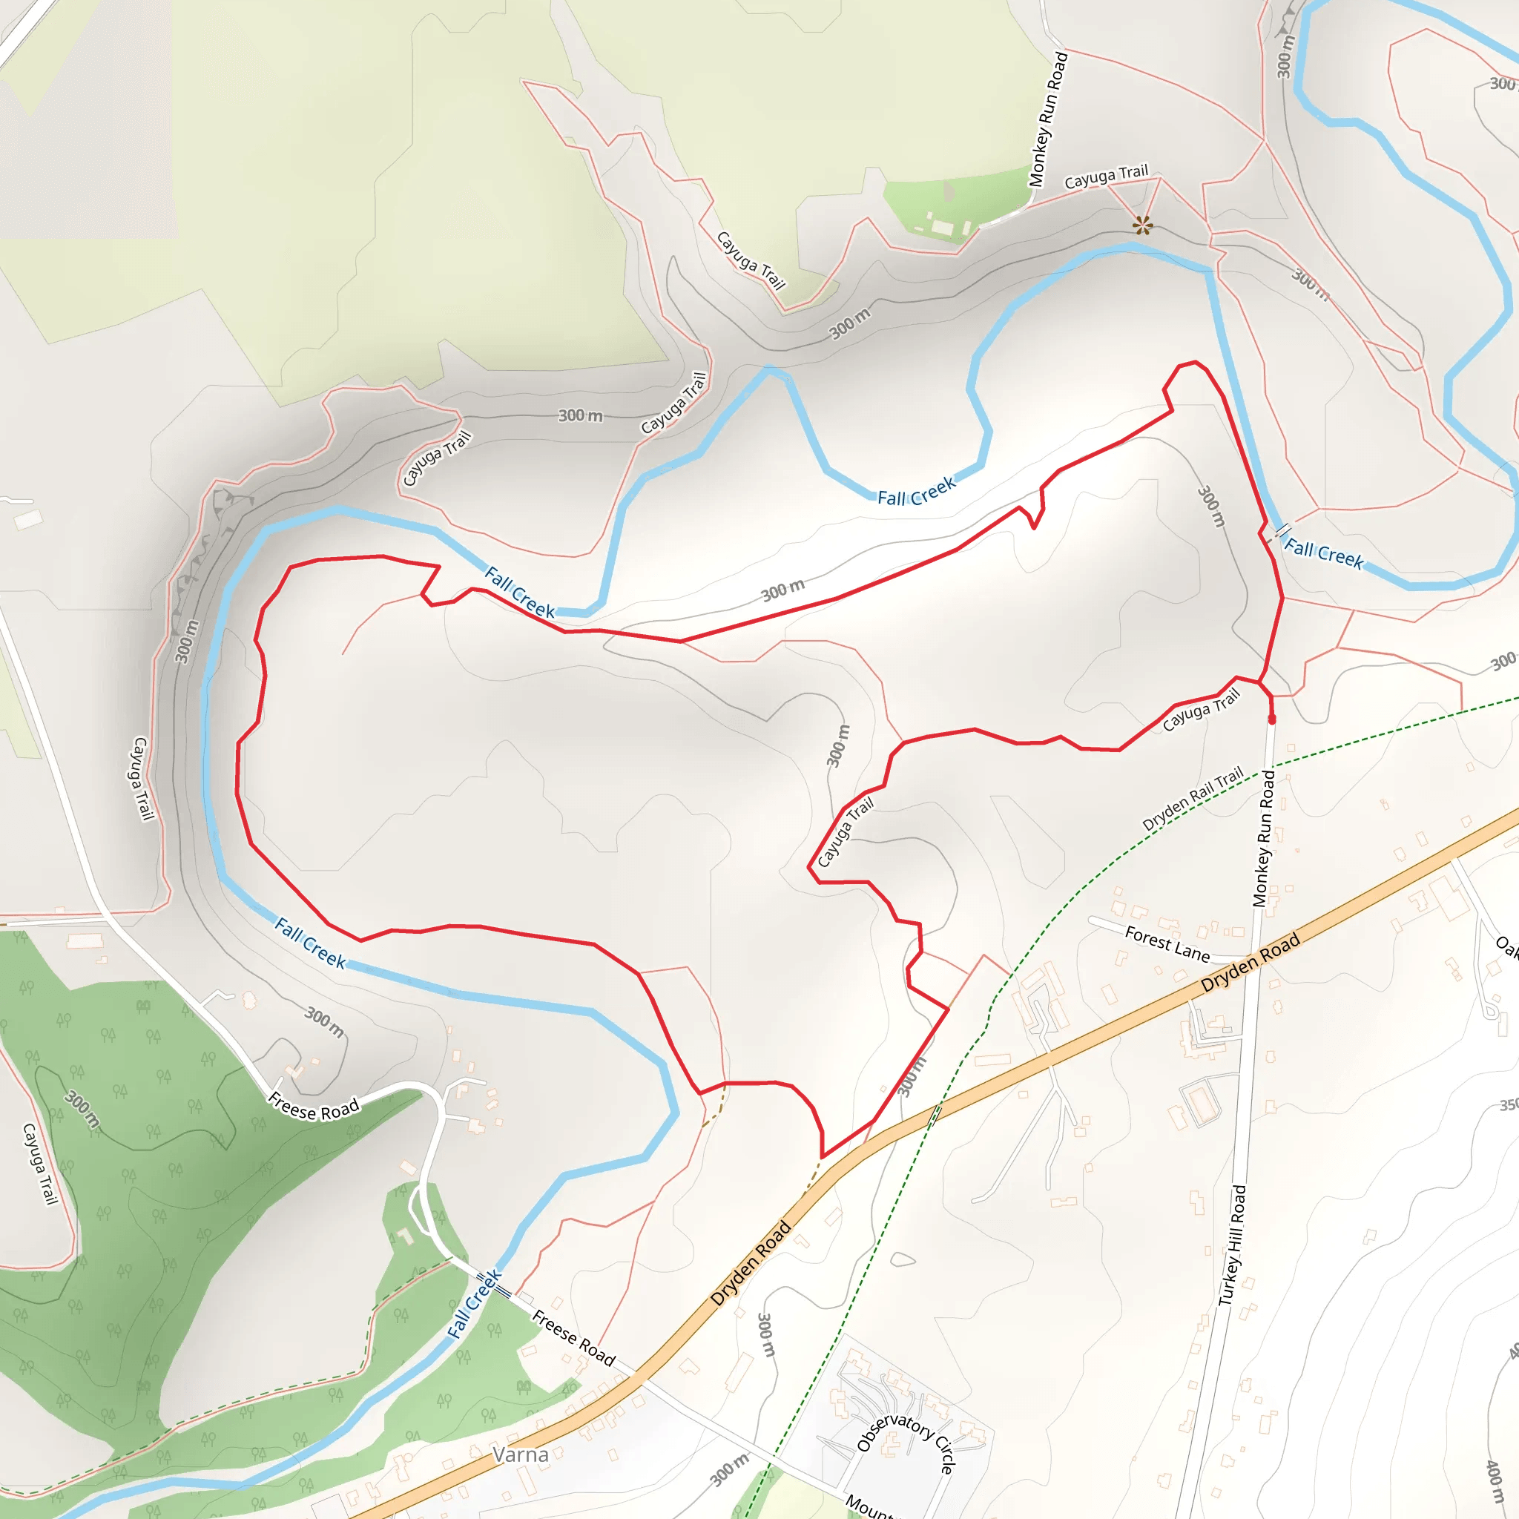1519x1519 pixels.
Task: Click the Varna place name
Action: click(x=521, y=1454)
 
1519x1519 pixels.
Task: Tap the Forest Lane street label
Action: click(x=1167, y=943)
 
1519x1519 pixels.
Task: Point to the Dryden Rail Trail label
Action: click(x=1193, y=798)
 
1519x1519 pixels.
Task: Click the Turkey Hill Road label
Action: click(x=1232, y=1245)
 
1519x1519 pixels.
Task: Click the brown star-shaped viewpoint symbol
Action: click(x=1142, y=225)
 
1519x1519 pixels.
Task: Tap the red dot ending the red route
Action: click(x=1272, y=719)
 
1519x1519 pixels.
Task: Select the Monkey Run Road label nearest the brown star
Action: click(x=1049, y=119)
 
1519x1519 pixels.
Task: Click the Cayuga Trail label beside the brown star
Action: click(x=1106, y=177)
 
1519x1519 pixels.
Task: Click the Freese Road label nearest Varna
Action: click(x=573, y=1337)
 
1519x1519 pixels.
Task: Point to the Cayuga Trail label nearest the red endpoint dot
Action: click(x=1201, y=709)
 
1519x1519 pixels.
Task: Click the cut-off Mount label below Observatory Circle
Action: click(x=869, y=1506)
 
